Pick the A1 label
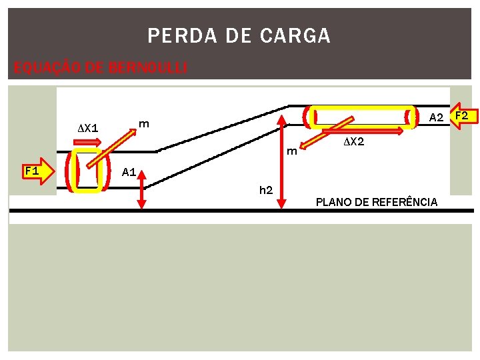(129, 172)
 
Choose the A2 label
(436, 118)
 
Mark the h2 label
(265, 190)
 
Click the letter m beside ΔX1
(143, 123)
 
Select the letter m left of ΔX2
(291, 151)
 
